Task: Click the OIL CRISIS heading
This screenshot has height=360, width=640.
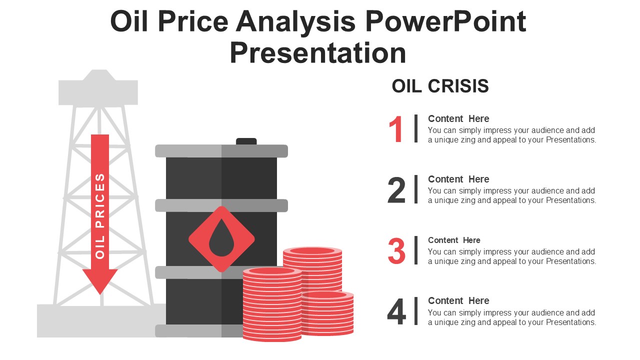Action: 440,86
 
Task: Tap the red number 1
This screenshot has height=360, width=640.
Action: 396,129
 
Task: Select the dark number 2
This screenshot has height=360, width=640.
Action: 396,190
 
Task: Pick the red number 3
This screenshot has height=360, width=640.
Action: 396,251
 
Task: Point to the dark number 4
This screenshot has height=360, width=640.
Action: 396,312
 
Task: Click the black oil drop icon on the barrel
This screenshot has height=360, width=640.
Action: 221,239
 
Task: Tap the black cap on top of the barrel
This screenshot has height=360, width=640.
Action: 246,141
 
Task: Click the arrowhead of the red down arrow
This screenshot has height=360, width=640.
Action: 100,281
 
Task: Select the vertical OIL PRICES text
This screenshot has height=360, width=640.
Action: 100,215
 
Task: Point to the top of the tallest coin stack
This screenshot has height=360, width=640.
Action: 312,251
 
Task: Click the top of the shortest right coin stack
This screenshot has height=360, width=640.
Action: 327,295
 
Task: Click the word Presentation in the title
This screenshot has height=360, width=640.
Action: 318,53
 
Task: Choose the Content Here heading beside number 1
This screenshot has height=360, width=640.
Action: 458,118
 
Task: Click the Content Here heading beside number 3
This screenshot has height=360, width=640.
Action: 454,240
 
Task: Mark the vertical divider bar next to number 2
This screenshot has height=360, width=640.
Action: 416,189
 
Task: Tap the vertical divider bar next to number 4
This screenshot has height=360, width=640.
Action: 416,311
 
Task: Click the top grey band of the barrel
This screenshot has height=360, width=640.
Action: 221,151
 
